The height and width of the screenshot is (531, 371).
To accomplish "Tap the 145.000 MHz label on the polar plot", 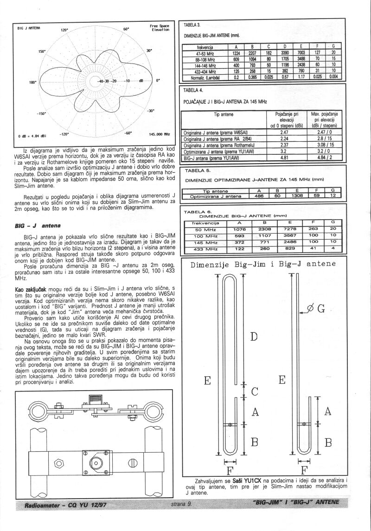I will pyautogui.click(x=159, y=134).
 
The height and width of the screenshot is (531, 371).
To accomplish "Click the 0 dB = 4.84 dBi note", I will pyautogui.click(x=32, y=136).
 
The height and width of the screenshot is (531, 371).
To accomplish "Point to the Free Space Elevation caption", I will pyautogui.click(x=160, y=28).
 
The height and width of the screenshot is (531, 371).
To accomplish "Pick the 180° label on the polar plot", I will pyautogui.click(x=32, y=82).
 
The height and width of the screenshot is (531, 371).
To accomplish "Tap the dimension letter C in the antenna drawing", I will pyautogui.click(x=255, y=391).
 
